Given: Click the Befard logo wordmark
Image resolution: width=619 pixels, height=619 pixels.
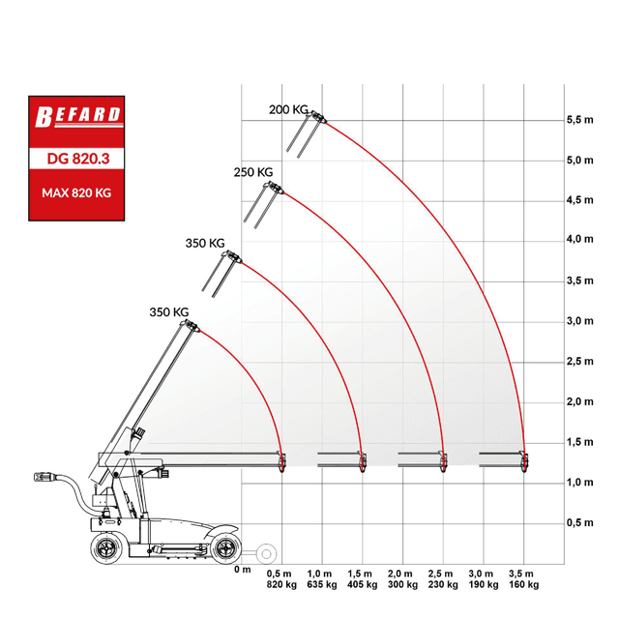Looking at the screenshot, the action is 78,116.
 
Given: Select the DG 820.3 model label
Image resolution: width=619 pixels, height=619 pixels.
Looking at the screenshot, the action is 78,159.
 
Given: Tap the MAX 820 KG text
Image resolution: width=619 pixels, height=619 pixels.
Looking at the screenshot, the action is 76,193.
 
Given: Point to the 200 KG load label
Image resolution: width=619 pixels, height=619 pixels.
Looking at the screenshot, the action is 288,109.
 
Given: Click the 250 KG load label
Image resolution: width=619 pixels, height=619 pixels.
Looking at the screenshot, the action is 253,172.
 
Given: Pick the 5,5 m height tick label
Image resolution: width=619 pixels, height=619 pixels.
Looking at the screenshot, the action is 580,120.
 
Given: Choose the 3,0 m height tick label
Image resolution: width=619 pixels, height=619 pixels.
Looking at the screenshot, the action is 580,321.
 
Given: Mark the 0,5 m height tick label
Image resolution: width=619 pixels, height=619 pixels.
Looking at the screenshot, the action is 580,522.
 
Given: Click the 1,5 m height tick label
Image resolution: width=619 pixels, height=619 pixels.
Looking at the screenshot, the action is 580,442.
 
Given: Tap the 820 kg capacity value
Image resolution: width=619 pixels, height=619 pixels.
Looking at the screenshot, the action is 281,584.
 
